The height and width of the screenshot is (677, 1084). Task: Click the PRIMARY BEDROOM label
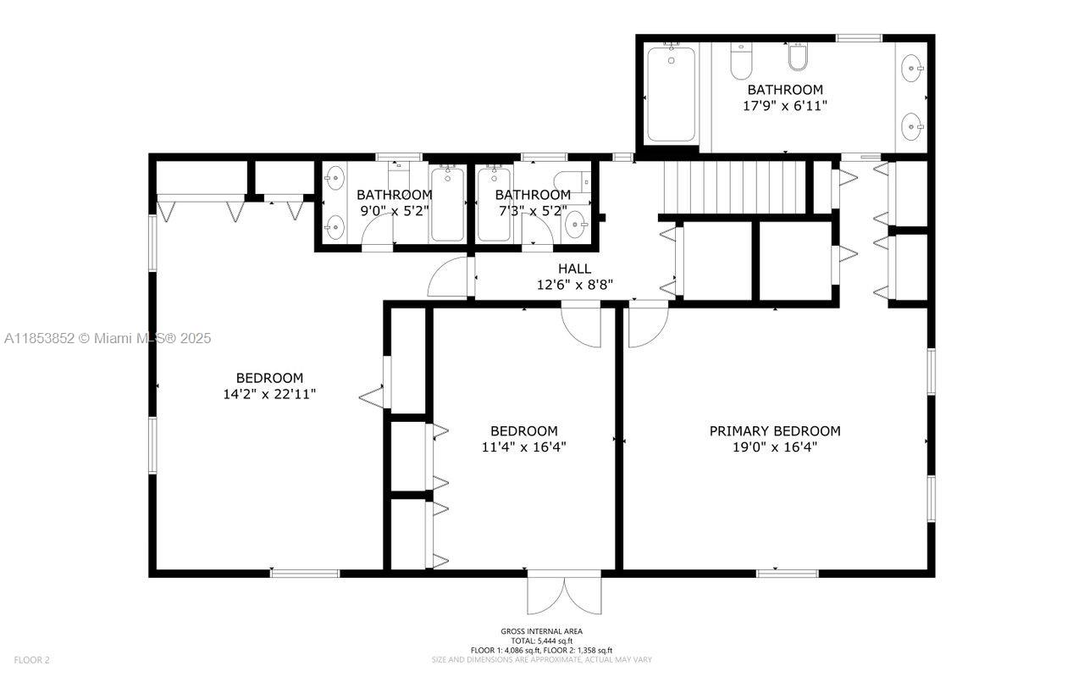point(774,430)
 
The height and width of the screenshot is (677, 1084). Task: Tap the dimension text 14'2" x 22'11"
point(269,394)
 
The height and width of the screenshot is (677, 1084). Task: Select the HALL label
point(574,269)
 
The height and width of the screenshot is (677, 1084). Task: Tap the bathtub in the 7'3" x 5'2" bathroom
point(492,203)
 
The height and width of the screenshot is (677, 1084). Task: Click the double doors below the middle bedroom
point(564,592)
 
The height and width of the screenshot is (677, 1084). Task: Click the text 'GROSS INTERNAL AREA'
point(541,631)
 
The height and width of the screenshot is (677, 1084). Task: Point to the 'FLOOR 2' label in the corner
point(31,659)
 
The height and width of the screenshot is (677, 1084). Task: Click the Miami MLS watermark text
point(108,338)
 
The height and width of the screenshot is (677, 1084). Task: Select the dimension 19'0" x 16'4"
point(774,447)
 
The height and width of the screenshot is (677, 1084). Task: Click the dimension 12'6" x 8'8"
point(574,286)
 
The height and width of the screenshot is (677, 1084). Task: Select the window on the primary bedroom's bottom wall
point(787,574)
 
